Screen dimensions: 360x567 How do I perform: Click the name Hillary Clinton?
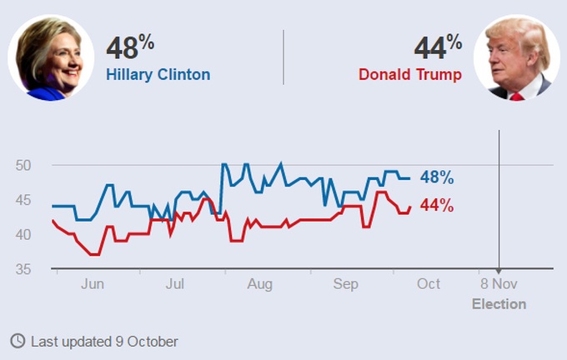[158, 74]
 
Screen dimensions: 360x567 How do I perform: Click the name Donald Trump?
[409, 74]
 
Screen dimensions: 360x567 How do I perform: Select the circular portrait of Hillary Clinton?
[51, 57]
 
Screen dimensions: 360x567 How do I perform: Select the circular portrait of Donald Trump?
[517, 57]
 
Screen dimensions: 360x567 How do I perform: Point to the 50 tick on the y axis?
[23, 165]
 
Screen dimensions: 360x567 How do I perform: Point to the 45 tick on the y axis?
[23, 200]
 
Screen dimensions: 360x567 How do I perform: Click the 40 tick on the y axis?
[23, 235]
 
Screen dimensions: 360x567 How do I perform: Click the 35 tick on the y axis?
[23, 269]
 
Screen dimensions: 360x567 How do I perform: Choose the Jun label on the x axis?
[93, 284]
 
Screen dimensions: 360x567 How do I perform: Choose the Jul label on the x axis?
[175, 284]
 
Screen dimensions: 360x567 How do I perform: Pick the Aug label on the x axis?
[260, 284]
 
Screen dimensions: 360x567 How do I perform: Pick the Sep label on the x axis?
[346, 284]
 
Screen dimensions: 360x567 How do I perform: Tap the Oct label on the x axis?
[429, 284]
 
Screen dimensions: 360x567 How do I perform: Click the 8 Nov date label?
[499, 284]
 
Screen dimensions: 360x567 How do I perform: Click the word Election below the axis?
[499, 303]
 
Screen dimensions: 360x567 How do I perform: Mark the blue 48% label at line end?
[436, 177]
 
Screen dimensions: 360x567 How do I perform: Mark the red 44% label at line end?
[436, 205]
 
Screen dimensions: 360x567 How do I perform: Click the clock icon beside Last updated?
[18, 341]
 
